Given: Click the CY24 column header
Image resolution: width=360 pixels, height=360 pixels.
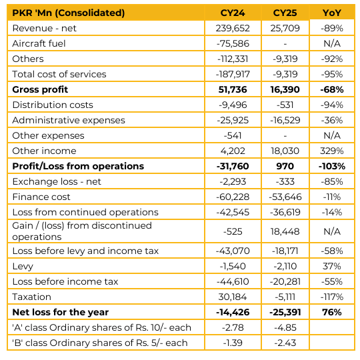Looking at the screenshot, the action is coord(233,13).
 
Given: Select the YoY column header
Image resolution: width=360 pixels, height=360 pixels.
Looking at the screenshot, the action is coord(332,13).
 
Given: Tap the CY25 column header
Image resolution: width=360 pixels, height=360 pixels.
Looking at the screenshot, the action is coord(285,13).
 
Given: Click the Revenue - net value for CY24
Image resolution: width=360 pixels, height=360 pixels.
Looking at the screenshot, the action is coord(233,28).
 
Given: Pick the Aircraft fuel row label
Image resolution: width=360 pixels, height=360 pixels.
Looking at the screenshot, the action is coord(39,43).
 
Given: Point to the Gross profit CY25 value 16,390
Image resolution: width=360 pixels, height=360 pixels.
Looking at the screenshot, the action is coord(285,89).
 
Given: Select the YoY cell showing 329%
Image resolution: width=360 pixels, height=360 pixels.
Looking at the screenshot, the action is coord(332,151).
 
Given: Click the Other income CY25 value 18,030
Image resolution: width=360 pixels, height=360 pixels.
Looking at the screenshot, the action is coord(285,151).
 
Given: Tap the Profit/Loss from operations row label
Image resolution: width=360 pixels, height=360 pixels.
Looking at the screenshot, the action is coord(78,166).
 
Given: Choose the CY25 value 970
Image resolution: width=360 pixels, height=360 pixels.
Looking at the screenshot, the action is coord(285,166).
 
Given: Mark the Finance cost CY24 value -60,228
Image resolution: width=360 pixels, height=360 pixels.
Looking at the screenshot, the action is coord(233,197).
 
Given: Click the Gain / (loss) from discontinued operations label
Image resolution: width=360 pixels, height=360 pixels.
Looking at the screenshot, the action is coord(82,231).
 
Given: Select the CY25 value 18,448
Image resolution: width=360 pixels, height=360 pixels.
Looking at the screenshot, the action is coord(285,231).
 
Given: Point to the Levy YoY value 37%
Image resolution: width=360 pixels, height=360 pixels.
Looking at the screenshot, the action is coord(332,266).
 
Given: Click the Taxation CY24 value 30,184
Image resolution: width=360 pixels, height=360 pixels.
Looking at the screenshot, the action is coord(233,297).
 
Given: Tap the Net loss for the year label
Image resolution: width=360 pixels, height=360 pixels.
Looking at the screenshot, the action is coord(61,312).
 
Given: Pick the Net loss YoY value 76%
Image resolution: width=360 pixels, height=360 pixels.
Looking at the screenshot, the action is coord(332,312).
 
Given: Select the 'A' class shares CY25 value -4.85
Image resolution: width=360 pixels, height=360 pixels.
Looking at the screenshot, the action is coord(285,327).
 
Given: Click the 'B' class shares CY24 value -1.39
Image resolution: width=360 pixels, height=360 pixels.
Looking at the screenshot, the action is coord(233,343).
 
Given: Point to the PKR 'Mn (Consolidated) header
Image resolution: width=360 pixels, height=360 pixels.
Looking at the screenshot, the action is coord(69,13).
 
